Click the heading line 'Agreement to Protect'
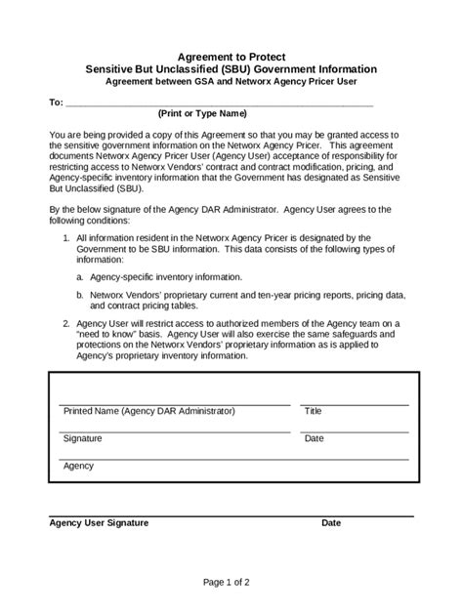click(x=231, y=59)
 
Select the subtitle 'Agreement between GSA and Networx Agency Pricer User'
click(x=231, y=83)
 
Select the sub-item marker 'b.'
click(x=80, y=293)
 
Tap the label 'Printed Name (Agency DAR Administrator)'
click(x=149, y=412)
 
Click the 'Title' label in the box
click(x=313, y=412)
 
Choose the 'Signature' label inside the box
click(x=83, y=439)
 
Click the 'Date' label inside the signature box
click(x=314, y=439)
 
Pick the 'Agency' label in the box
click(x=79, y=467)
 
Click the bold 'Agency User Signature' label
click(x=99, y=523)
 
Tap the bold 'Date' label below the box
click(x=331, y=523)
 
